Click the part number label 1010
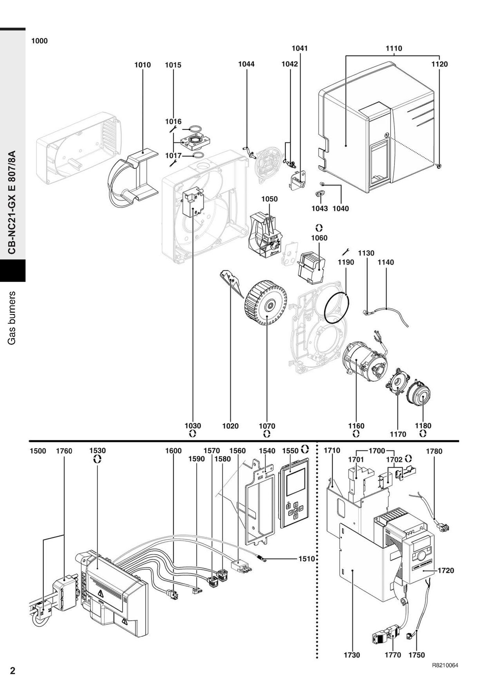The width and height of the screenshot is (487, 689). pyautogui.click(x=143, y=65)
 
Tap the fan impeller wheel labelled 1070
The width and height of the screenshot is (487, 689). pyautogui.click(x=266, y=303)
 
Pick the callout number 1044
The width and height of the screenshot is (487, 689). pyautogui.click(x=247, y=64)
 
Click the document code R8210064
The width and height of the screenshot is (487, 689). pyautogui.click(x=445, y=666)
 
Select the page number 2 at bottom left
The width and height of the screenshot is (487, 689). pyautogui.click(x=12, y=671)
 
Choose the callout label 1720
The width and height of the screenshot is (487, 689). pyautogui.click(x=446, y=570)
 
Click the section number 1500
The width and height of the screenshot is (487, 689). pyautogui.click(x=38, y=451)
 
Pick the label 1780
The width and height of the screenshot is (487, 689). pyautogui.click(x=434, y=451)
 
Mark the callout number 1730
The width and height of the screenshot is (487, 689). pyautogui.click(x=352, y=655)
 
